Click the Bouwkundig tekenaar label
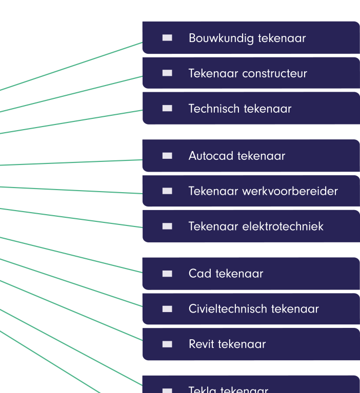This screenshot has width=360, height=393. pos(247,38)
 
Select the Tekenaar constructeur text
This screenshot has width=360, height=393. pos(248,73)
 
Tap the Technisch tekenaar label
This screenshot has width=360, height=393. pos(239,109)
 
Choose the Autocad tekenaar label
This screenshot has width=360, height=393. pos(236,156)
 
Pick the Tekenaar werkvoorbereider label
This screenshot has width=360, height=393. pos(263,191)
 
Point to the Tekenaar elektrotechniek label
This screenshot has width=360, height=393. pos(256,226)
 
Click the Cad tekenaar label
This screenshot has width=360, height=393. pos(226,274)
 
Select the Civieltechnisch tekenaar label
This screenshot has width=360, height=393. pos(253,309)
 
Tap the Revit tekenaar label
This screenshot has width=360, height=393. pos(227,344)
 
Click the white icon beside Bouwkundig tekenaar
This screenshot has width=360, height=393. pos(167,37)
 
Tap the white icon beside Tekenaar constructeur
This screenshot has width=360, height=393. pos(167,73)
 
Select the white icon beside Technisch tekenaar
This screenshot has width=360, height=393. pos(167,108)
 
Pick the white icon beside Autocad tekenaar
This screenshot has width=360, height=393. pos(167,156)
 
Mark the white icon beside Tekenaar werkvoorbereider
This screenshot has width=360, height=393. pos(167,191)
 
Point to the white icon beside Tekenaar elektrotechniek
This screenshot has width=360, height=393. pos(167,226)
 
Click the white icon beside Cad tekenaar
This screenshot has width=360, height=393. pos(167,274)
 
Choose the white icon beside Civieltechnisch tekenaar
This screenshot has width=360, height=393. pos(167,309)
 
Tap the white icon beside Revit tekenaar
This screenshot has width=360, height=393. pos(167,344)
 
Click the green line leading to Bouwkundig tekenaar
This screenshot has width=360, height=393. pos(72,67)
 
